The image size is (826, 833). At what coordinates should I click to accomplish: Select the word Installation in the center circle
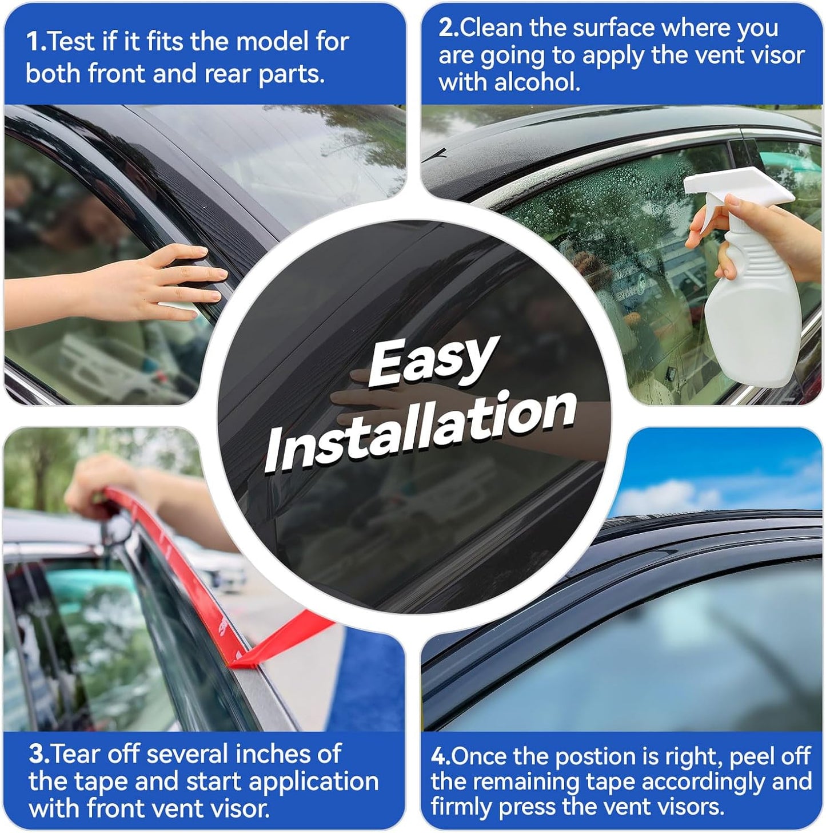pyautogui.click(x=420, y=429)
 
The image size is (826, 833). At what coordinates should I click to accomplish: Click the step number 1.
pyautogui.click(x=35, y=42)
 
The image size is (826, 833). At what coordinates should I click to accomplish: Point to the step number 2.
pyautogui.click(x=448, y=28)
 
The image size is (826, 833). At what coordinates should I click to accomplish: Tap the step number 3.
pyautogui.click(x=39, y=754)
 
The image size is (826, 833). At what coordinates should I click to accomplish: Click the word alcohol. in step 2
pyautogui.click(x=537, y=83)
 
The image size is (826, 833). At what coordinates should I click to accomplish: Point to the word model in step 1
pyautogui.click(x=272, y=42)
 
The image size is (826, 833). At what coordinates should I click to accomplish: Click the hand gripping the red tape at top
pyautogui.click(x=94, y=481)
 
